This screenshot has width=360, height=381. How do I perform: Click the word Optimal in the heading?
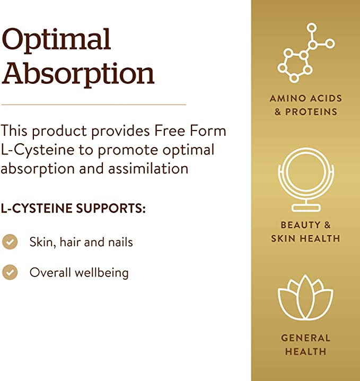pyautogui.click(x=57, y=40)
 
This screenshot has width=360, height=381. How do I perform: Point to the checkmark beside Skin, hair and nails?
pyautogui.click(x=10, y=242)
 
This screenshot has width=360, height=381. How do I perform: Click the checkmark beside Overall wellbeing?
pyautogui.click(x=10, y=272)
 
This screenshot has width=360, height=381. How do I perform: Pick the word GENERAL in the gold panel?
pyautogui.click(x=305, y=337)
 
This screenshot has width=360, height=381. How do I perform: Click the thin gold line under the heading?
pyautogui.click(x=94, y=105)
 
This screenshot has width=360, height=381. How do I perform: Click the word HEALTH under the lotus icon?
pyautogui.click(x=305, y=351)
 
